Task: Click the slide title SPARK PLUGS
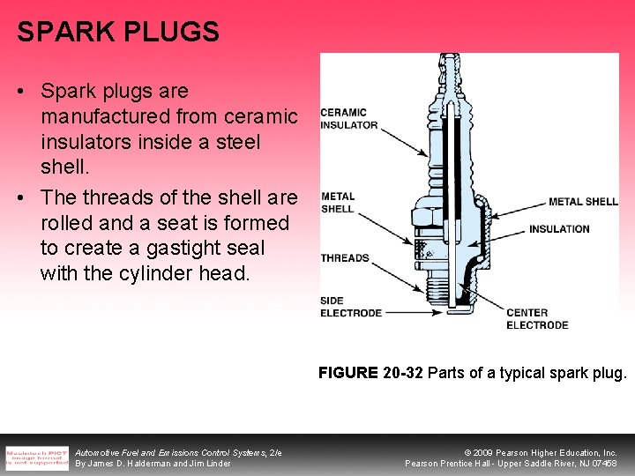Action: (117, 33)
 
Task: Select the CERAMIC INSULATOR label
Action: (348, 118)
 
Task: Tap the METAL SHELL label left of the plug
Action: (337, 203)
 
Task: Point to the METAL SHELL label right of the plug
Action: (583, 202)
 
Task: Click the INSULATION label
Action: (559, 229)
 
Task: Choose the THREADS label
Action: (345, 258)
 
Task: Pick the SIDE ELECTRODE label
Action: (350, 307)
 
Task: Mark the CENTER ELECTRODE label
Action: (536, 318)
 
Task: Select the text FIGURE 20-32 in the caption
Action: (371, 373)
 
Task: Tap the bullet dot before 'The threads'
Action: (22, 197)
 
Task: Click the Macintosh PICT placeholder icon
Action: (36, 456)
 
